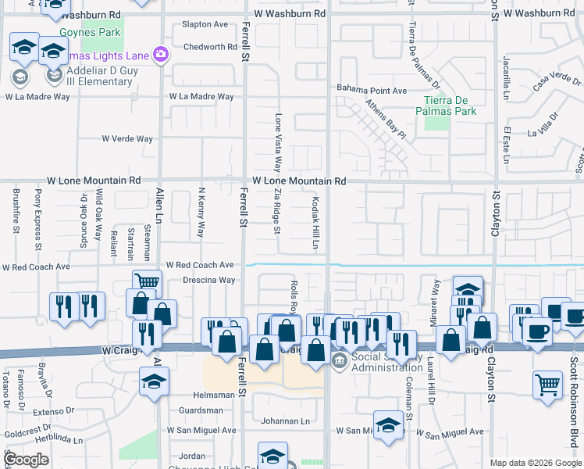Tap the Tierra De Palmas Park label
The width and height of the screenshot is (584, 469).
[x=450, y=106]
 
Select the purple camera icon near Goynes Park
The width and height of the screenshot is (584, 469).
[x=162, y=54]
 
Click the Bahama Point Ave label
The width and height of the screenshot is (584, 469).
[x=372, y=91]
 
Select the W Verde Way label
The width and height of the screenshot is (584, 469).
[x=127, y=138]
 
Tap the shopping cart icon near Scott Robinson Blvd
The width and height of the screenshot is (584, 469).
[x=548, y=385]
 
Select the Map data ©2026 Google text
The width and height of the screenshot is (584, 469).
[x=535, y=463]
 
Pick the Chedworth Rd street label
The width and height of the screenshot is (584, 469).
[x=209, y=47]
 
